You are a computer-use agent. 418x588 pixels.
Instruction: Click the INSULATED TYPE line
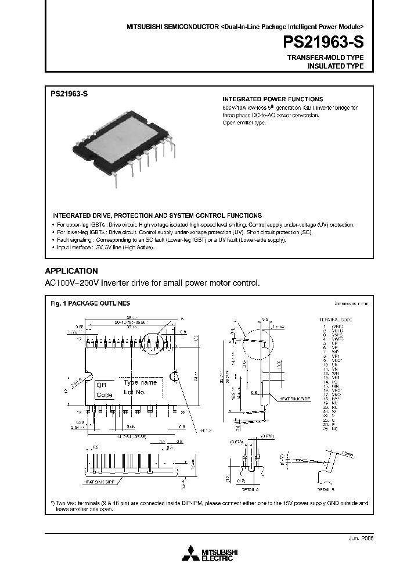(x=335, y=66)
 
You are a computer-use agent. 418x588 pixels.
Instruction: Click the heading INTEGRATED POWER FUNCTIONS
(x=273, y=99)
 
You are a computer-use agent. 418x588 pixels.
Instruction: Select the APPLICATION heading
(x=71, y=271)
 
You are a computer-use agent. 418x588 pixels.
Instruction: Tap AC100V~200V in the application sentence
(x=70, y=283)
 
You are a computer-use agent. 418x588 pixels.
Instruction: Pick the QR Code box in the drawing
(x=105, y=390)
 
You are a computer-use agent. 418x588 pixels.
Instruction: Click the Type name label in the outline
(x=140, y=383)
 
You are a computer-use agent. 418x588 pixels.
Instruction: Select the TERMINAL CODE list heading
(x=336, y=320)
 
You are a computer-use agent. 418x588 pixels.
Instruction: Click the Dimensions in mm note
(x=350, y=303)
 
